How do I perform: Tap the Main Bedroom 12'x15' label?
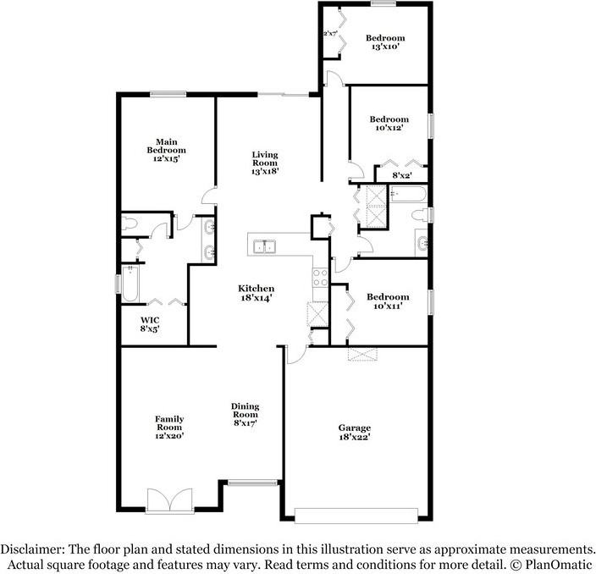166,150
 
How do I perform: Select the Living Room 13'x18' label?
265,163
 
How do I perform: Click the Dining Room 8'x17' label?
245,415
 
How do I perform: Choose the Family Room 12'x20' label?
168,427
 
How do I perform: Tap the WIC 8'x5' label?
150,323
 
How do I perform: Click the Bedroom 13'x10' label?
384,42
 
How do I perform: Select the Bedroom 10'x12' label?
389,124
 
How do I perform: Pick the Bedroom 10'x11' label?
388,301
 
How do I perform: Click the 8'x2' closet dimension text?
402,176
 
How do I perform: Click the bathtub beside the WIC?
129,284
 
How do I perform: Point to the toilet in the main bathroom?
130,224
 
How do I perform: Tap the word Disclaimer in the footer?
32,549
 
